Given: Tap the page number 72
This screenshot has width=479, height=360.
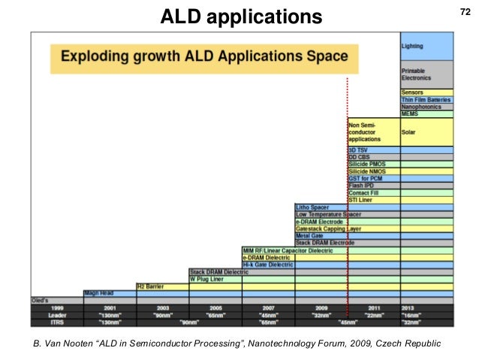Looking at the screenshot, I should coord(463,11).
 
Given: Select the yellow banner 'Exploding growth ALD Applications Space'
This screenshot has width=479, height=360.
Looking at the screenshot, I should coord(204,56).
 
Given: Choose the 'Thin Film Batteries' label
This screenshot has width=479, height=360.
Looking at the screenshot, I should coord(426,100).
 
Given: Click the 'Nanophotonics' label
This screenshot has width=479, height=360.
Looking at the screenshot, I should coord(421,107).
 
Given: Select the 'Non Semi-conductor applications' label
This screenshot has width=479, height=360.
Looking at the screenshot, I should coord(365,132).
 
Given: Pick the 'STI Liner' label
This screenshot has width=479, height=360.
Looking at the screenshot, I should coord(361,200).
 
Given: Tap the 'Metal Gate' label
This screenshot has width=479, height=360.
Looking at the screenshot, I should coord(309,235).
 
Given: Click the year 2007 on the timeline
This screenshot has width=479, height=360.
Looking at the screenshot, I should coord(267,308).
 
